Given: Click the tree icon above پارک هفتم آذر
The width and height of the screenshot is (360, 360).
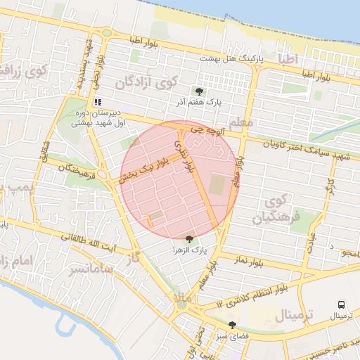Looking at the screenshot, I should tap(199, 91).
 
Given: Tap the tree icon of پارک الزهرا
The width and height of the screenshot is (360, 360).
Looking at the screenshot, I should tap(188, 239).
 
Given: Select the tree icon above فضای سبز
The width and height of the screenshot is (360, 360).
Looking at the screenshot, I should tap(232, 325).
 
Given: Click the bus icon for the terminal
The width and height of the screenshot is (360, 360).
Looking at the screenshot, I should tap(341, 305).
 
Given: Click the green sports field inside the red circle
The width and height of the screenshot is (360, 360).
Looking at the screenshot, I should tap(217, 185).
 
